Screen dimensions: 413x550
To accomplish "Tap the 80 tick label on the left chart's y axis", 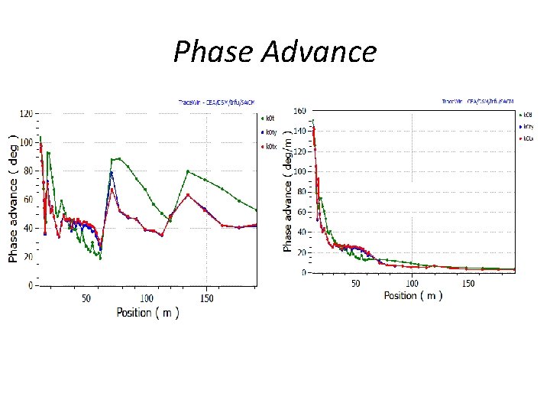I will (x=27, y=171).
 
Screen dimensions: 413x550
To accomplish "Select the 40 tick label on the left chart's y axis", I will (x=27, y=228).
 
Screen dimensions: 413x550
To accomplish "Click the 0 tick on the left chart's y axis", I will (x=30, y=285).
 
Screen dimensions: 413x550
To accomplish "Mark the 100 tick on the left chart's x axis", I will (x=145, y=298).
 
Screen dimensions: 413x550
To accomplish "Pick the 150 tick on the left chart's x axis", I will (x=205, y=298).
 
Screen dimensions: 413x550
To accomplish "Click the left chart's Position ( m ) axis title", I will (x=147, y=312).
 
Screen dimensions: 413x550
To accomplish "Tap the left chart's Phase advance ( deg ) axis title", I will (x=14, y=199).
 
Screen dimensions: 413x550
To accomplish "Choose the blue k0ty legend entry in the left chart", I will (x=268, y=132).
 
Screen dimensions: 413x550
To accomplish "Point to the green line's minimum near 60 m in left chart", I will (x=100, y=258).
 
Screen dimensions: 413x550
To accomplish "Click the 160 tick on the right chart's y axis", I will (x=299, y=111).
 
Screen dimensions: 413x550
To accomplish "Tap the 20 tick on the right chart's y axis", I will (x=301, y=252).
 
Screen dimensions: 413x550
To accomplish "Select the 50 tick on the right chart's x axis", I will (x=356, y=284).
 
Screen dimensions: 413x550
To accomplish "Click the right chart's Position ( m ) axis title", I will (x=412, y=295).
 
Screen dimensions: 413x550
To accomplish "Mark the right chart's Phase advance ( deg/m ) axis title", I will (x=287, y=191).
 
